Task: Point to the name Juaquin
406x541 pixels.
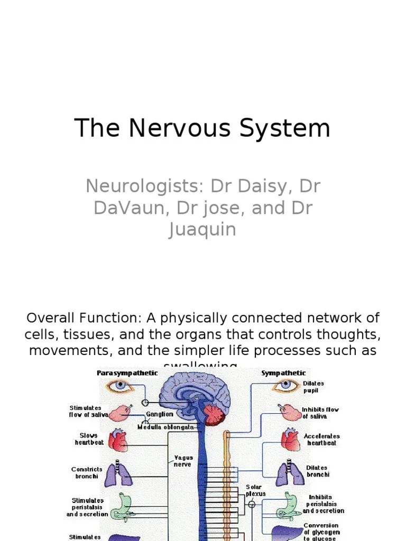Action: pyautogui.click(x=202, y=230)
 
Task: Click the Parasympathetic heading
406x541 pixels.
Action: pyautogui.click(x=127, y=373)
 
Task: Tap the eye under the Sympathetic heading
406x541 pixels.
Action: pyautogui.click(x=286, y=386)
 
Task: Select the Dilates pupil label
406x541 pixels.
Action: pyautogui.click(x=313, y=387)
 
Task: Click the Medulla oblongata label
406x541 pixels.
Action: pyautogui.click(x=166, y=427)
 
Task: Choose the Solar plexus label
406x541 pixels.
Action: pyautogui.click(x=255, y=490)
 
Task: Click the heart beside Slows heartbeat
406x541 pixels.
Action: pyautogui.click(x=117, y=440)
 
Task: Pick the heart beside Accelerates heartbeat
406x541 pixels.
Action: pyautogui.click(x=290, y=440)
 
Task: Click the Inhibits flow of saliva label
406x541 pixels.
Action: pyautogui.click(x=320, y=413)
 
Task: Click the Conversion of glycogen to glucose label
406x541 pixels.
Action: pyautogui.click(x=321, y=532)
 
